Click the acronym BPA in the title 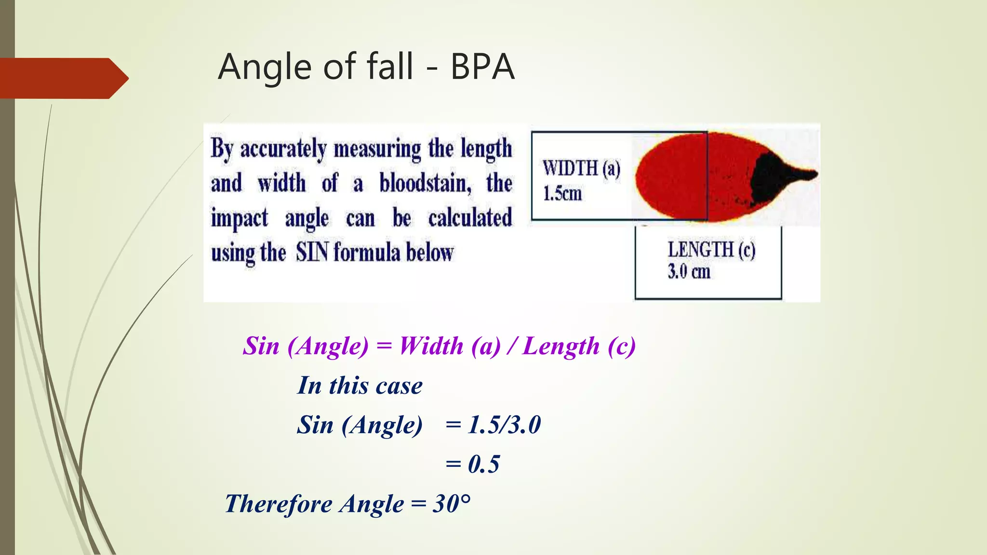coord(482,67)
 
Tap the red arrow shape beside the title coord(63,78)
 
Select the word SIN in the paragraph coord(312,252)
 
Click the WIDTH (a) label coord(581,169)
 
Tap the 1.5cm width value coord(562,194)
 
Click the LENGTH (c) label coord(711,250)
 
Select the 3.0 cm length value coord(689,272)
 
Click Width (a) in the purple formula coord(450,346)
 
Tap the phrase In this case coord(360,385)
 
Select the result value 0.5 coord(484,464)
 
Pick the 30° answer coord(452,504)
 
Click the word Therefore coord(279,504)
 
